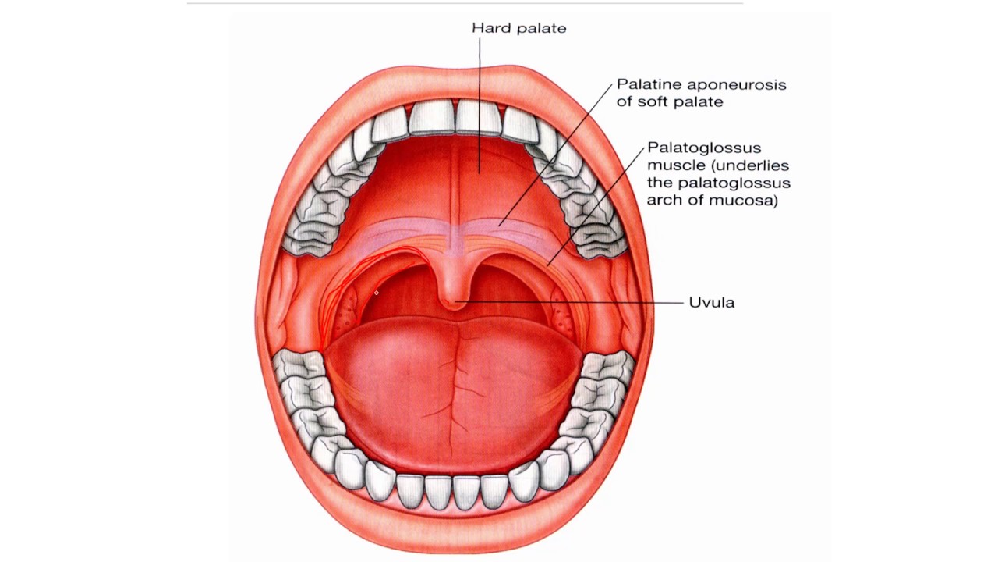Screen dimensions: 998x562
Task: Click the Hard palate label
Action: point(518,28)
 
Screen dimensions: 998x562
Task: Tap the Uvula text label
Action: point(711,302)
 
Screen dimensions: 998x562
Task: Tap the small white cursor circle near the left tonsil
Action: point(376,293)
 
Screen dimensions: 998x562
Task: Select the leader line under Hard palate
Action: point(479,101)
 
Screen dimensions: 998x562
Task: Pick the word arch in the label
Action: point(662,200)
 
